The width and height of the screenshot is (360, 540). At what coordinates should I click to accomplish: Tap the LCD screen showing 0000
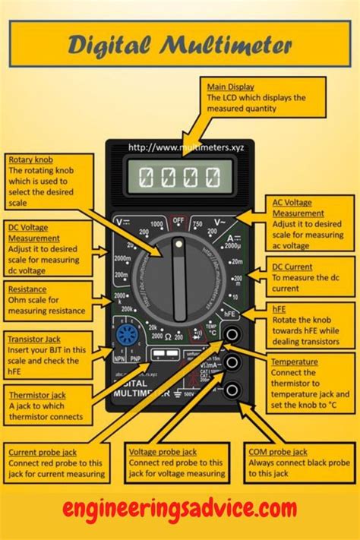point(181,178)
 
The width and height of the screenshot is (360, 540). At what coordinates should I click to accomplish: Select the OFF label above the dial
point(179,221)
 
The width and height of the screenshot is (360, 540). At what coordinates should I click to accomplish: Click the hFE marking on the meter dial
point(230,313)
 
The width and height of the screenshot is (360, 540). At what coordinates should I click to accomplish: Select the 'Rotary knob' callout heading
point(30,159)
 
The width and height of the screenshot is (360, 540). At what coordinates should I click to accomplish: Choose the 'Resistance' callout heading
point(27,289)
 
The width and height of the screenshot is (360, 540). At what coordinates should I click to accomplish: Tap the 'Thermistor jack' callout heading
point(37,394)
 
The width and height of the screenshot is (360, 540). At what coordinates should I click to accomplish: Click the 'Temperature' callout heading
point(294,362)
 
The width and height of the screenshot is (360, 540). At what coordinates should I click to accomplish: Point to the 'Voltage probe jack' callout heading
point(164,451)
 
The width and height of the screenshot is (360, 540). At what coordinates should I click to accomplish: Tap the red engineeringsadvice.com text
point(179,507)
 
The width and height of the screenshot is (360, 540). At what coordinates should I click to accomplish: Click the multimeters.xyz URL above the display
point(180,147)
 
